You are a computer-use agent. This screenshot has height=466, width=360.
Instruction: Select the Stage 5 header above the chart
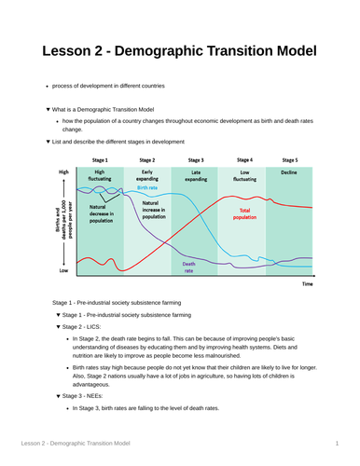click(x=290, y=160)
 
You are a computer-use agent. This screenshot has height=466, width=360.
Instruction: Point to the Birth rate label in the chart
click(x=147, y=187)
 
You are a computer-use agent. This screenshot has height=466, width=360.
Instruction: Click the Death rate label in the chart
click(x=188, y=267)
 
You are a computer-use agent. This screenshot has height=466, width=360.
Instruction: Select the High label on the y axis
click(x=63, y=172)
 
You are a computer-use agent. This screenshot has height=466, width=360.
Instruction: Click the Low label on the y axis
click(x=63, y=271)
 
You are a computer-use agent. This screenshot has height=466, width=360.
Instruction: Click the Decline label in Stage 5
click(x=290, y=172)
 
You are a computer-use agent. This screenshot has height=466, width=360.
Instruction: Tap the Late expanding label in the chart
click(x=196, y=175)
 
